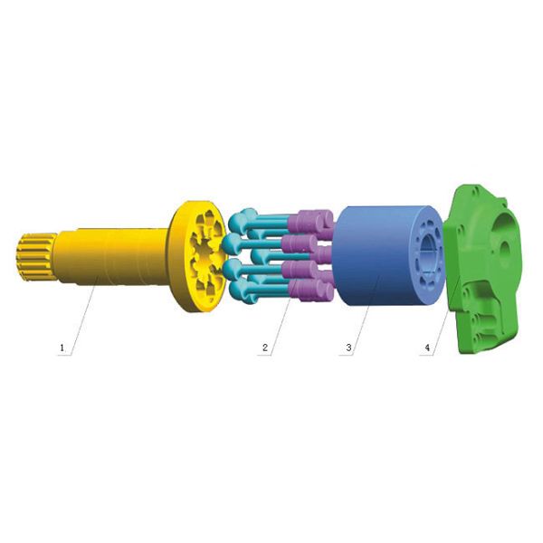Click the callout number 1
click(x=62, y=348)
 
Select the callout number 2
click(x=265, y=348)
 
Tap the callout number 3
click(x=348, y=348)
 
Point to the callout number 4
click(x=427, y=348)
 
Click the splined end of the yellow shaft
click(x=36, y=256)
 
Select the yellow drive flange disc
click(x=197, y=256)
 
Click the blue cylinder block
click(x=388, y=255)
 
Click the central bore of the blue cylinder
click(x=429, y=255)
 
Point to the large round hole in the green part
click(x=505, y=250)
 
